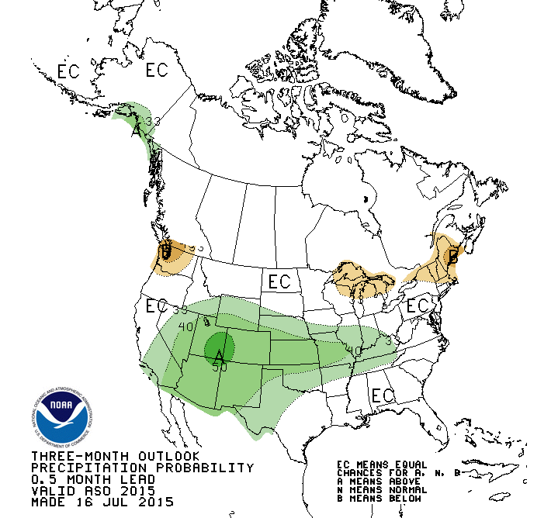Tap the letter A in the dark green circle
[x=220, y=355]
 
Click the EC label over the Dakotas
[x=279, y=280]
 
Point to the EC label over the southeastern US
[x=383, y=395]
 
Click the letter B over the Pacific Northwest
[x=165, y=252]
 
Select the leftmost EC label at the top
[x=68, y=71]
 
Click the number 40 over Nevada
[x=185, y=326]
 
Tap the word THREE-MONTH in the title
[x=71, y=456]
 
